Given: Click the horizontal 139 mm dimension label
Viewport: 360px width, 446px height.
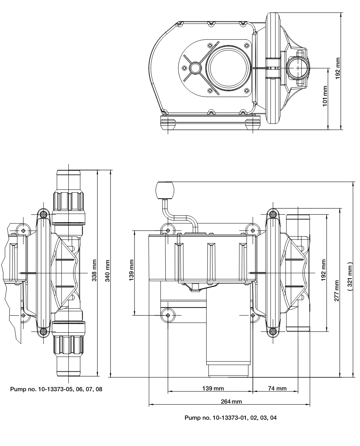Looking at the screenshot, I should coord(210,387).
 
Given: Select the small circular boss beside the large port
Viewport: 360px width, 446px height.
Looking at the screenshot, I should coord(195,69).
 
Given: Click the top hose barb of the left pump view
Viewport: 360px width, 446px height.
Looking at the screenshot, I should coord(69,180).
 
